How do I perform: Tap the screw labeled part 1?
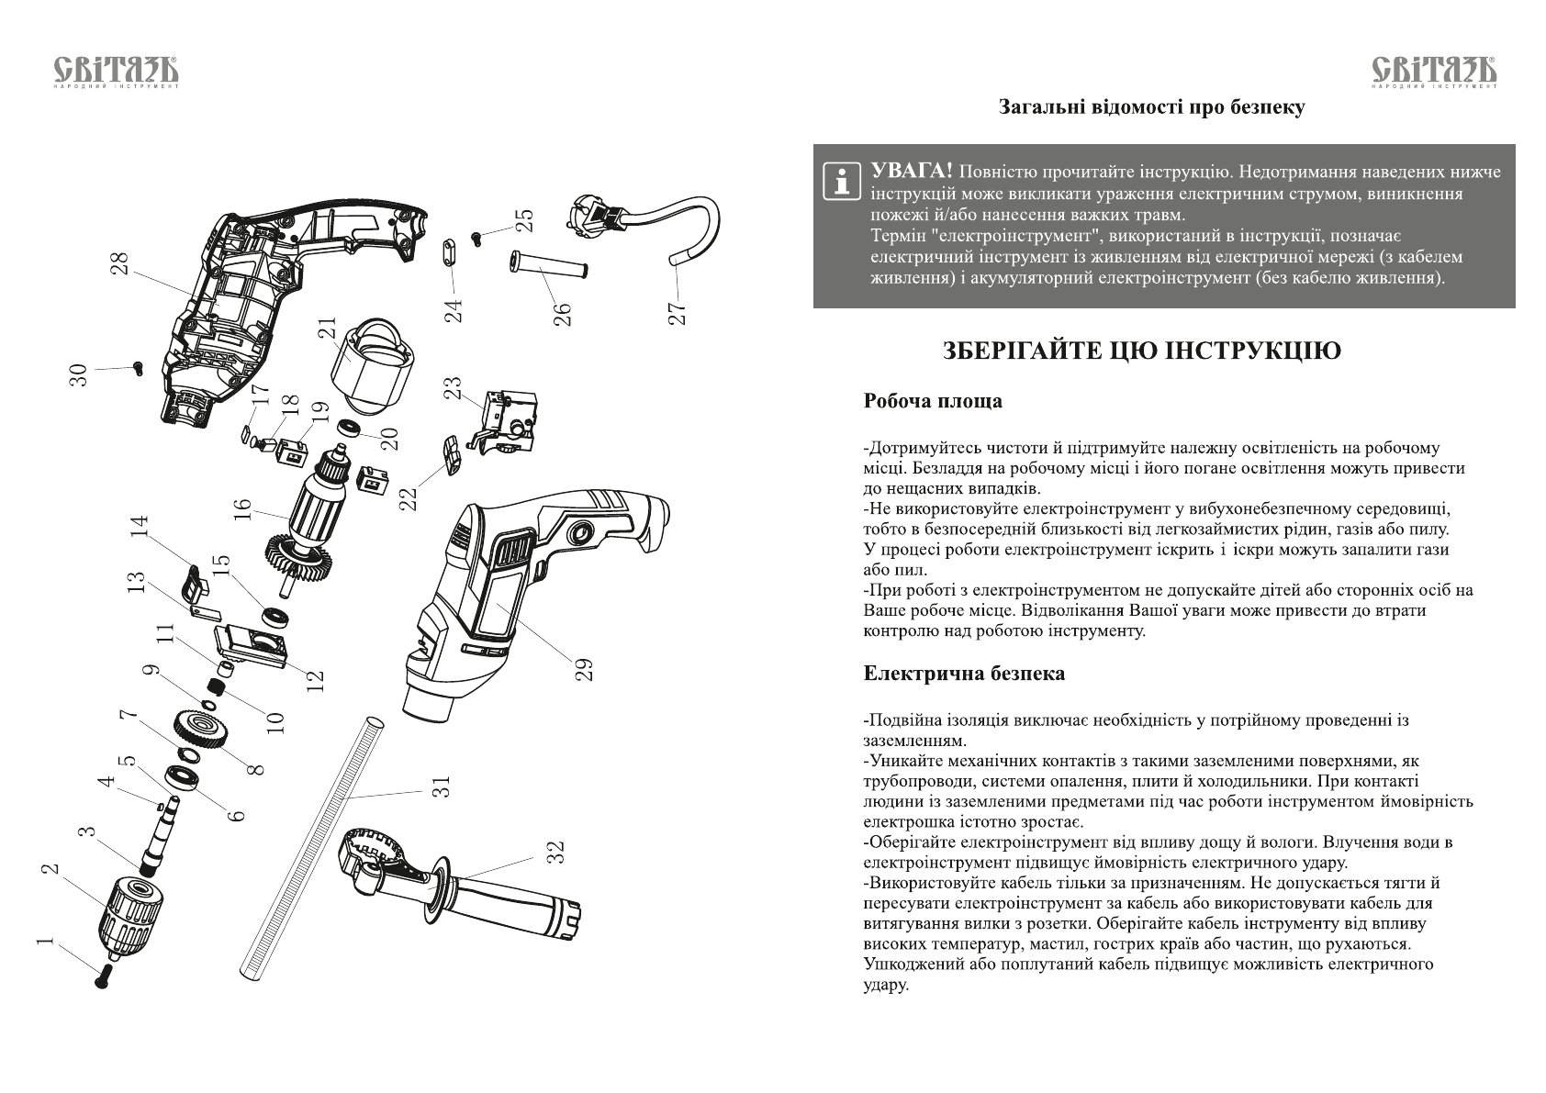(102, 976)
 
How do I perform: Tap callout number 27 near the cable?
(677, 313)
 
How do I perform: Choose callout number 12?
(315, 680)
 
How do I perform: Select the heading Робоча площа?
(932, 401)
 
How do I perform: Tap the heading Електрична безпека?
(964, 674)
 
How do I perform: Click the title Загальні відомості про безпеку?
(1151, 107)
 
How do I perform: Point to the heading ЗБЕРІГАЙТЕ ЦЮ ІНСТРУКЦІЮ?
(1142, 351)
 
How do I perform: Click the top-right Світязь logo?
(1433, 72)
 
